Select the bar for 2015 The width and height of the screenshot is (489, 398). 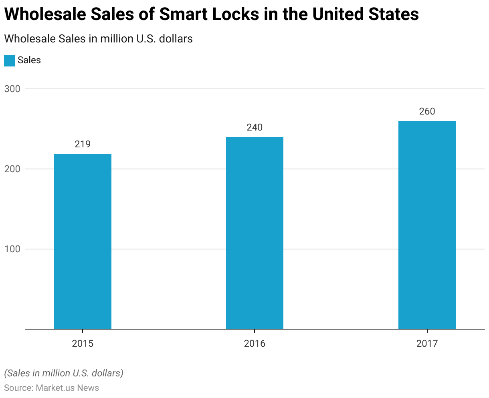click(x=83, y=241)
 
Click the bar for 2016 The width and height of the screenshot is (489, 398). click(x=255, y=233)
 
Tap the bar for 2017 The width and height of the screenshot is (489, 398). click(x=427, y=225)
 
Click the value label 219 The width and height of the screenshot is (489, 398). click(x=83, y=144)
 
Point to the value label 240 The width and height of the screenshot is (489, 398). click(x=255, y=127)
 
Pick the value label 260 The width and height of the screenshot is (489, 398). click(x=427, y=111)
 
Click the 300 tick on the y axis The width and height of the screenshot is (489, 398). click(x=12, y=89)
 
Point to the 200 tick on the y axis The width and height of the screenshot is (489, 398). click(x=12, y=169)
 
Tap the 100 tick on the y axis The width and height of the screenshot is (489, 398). click(x=12, y=249)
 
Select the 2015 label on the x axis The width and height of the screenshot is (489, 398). click(x=83, y=344)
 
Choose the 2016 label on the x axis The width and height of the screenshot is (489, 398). click(x=255, y=344)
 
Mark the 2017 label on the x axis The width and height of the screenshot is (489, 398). click(x=427, y=344)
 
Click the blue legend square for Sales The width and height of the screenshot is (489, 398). click(x=10, y=60)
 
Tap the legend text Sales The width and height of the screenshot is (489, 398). click(x=29, y=60)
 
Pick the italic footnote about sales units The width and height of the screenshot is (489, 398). click(x=64, y=373)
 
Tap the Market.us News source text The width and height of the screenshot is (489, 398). click(x=67, y=388)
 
